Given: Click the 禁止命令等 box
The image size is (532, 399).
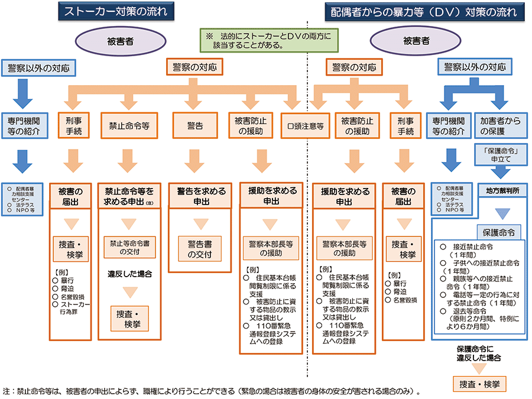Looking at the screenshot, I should point(128,126).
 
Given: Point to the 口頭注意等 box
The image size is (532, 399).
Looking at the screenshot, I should point(305,126).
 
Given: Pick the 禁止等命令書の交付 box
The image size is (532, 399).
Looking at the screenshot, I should point(128,248).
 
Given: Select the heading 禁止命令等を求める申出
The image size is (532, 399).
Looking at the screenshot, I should point(129,196).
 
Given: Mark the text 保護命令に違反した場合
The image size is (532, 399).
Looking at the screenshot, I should point(479,353).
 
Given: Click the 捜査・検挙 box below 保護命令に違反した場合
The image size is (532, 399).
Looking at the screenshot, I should point(479,384).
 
